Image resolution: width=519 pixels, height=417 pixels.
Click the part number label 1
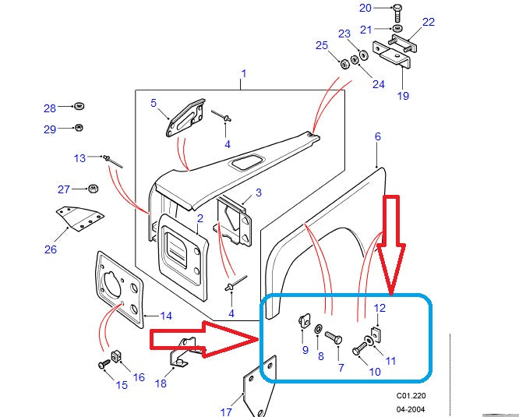click(x=243, y=74)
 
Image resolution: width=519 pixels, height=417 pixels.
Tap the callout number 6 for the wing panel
click(x=377, y=136)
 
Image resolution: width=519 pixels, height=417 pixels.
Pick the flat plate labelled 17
click(x=259, y=388)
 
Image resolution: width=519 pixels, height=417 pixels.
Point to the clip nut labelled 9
click(x=305, y=321)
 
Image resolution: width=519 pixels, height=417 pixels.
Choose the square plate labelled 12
click(x=377, y=334)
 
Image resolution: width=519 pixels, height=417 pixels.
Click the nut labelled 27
click(x=92, y=189)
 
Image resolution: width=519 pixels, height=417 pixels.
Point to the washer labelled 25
click(x=344, y=62)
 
